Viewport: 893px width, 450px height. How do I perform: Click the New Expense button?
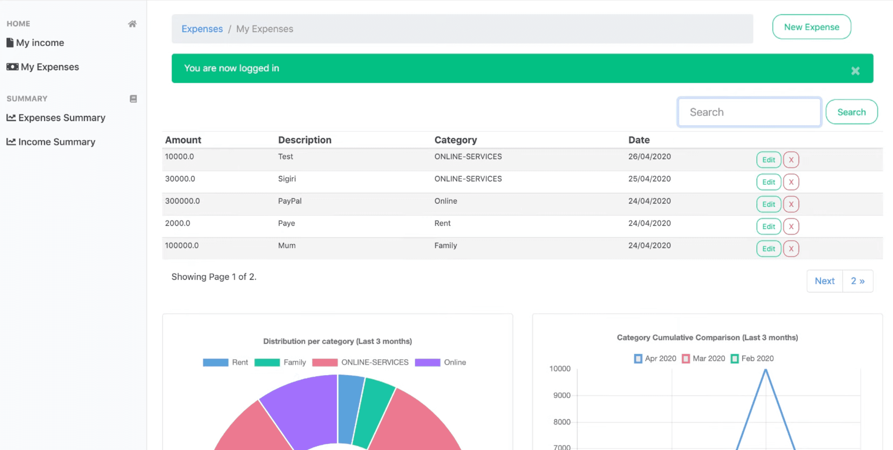[x=811, y=27]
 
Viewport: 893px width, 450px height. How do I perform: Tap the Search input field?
[x=749, y=112]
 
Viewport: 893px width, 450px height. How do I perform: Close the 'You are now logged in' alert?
[x=855, y=71]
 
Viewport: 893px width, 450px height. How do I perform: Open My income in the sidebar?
[x=40, y=43]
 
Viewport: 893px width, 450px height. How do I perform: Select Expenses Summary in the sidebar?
[x=61, y=118]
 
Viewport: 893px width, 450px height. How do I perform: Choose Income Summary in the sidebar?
[x=57, y=142]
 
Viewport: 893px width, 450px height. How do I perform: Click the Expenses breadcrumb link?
[x=202, y=29]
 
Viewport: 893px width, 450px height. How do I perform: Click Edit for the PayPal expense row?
[x=768, y=205]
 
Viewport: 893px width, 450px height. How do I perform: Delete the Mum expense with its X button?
[x=791, y=249]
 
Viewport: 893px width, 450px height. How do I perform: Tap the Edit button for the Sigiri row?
[x=768, y=182]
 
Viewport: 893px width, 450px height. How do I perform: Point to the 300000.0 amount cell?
[x=182, y=201]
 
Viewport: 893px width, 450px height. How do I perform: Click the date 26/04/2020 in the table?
[x=649, y=157]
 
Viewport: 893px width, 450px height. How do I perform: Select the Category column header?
[x=455, y=140]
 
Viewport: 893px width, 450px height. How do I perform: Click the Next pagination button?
[x=824, y=281]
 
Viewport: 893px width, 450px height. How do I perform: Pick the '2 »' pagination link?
[x=857, y=281]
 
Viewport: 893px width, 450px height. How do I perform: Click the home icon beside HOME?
[x=132, y=24]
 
